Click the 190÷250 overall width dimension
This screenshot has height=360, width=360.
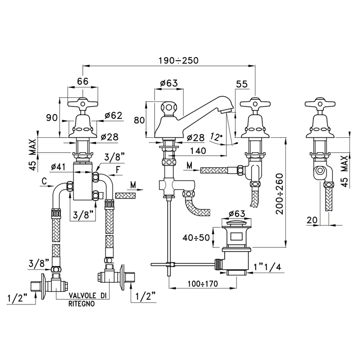point(178,60)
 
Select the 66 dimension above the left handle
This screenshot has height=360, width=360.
point(83,81)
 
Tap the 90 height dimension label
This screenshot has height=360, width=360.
point(52,118)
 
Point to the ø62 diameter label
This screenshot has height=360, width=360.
point(114,116)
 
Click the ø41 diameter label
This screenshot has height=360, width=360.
point(59,167)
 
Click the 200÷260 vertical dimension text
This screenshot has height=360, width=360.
point(279,193)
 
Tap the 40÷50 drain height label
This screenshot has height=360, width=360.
point(196,238)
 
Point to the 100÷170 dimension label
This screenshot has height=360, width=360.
point(203,284)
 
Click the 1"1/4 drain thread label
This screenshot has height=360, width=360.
point(267,267)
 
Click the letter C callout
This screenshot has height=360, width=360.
point(44,182)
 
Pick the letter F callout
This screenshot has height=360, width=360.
point(118,170)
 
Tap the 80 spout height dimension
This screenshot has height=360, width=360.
point(139,120)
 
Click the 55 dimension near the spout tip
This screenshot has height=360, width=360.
point(242,84)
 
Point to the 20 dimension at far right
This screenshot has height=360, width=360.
point(312,220)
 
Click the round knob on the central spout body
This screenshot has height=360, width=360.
point(169,107)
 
